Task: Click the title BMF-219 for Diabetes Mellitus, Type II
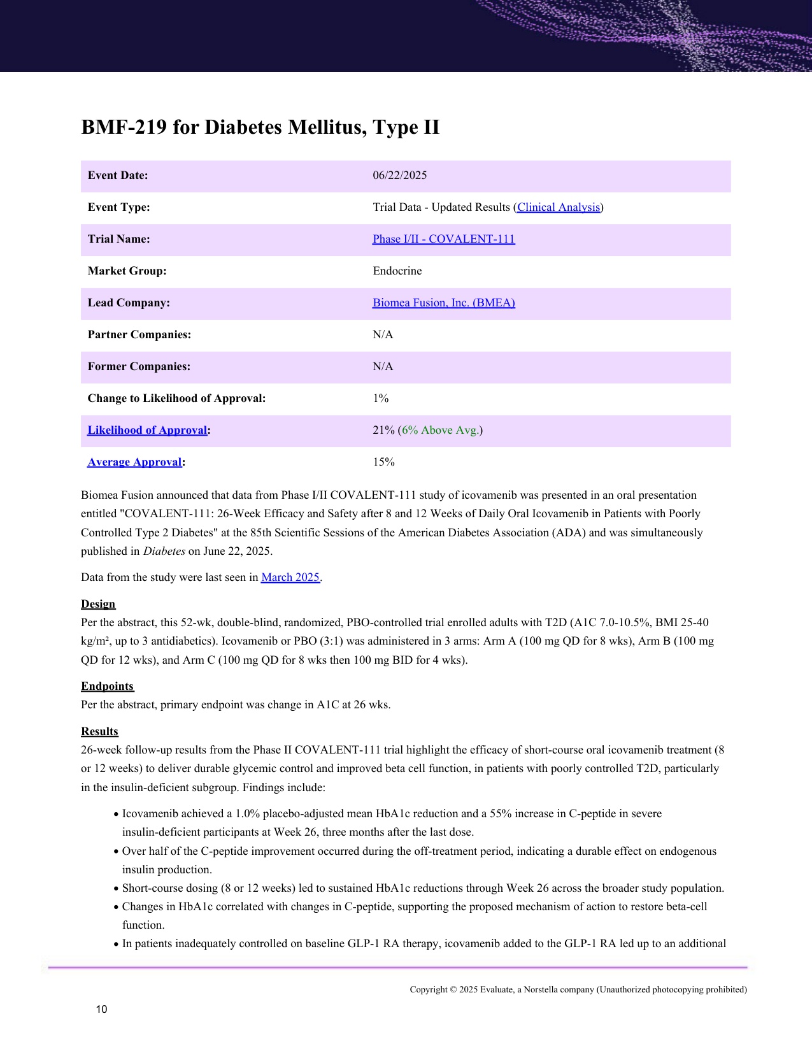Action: (x=260, y=127)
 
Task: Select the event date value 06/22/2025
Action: (x=399, y=175)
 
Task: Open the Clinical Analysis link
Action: (x=558, y=207)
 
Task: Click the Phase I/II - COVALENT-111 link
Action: (x=443, y=239)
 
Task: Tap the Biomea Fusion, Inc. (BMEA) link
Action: (x=443, y=303)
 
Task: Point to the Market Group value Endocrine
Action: (x=397, y=271)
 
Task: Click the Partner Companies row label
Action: (x=139, y=334)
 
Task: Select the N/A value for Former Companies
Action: (x=383, y=366)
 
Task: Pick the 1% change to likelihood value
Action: (x=380, y=398)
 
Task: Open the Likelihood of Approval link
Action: (x=147, y=430)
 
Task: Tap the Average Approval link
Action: (x=134, y=462)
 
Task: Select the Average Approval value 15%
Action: (x=383, y=462)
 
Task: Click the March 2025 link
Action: (x=290, y=577)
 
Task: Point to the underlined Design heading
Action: (x=98, y=604)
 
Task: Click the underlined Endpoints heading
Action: (x=107, y=686)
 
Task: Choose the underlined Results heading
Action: (x=99, y=731)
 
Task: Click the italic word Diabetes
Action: (x=164, y=551)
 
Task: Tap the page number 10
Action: (x=101, y=1009)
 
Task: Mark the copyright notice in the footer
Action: (x=578, y=989)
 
